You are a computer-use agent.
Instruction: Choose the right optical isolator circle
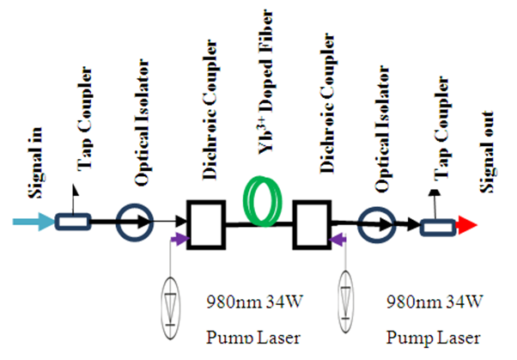click(373, 225)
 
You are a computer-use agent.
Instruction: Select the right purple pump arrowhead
click(344, 243)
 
